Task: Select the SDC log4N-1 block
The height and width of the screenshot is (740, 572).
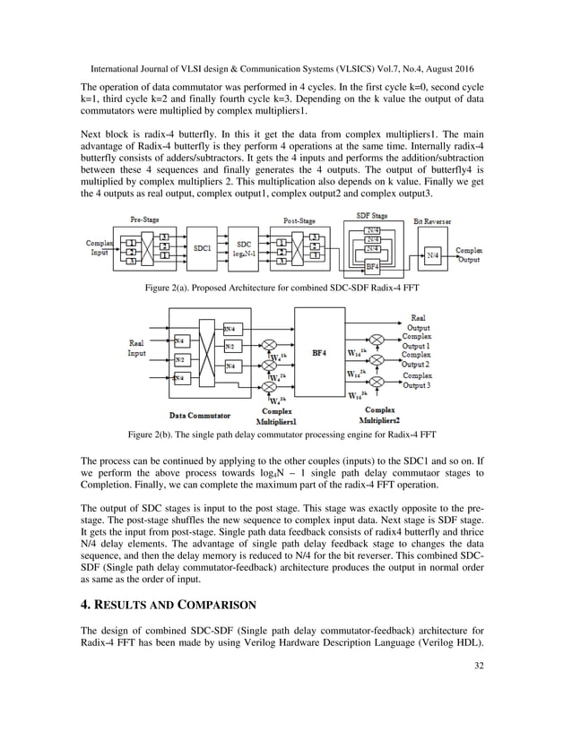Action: tap(244, 248)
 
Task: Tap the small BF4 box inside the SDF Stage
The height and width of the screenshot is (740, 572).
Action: tap(371, 266)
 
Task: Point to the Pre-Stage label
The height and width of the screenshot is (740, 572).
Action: tap(145, 219)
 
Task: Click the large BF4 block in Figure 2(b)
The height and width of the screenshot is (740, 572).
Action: tap(319, 353)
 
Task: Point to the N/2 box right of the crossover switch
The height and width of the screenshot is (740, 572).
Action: tap(231, 346)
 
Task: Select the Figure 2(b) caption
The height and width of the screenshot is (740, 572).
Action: tap(285, 434)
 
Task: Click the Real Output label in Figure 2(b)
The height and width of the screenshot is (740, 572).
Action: tap(418, 323)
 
